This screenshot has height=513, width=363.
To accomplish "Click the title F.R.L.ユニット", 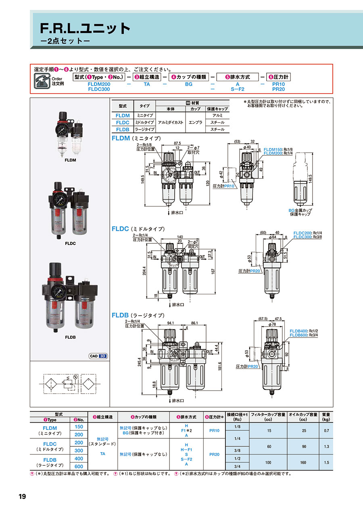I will point(86,28).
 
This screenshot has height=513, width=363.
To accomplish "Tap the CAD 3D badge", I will point(98,356).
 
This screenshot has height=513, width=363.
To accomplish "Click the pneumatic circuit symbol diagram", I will point(70,384).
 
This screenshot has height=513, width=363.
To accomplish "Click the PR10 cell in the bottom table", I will point(215,431).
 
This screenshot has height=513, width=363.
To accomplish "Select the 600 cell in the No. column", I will point(79,466).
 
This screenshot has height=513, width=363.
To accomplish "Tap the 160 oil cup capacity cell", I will point(304,462).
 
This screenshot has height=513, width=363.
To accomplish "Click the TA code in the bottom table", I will point(102,454).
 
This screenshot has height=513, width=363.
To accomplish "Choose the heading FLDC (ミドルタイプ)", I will point(138,229).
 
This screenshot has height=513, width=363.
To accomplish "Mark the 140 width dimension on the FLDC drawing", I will point(179,238).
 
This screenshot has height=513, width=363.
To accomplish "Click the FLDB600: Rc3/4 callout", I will point(304,335).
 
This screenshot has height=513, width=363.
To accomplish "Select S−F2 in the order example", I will point(238,89).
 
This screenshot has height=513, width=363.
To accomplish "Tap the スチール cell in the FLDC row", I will point(217,122).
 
